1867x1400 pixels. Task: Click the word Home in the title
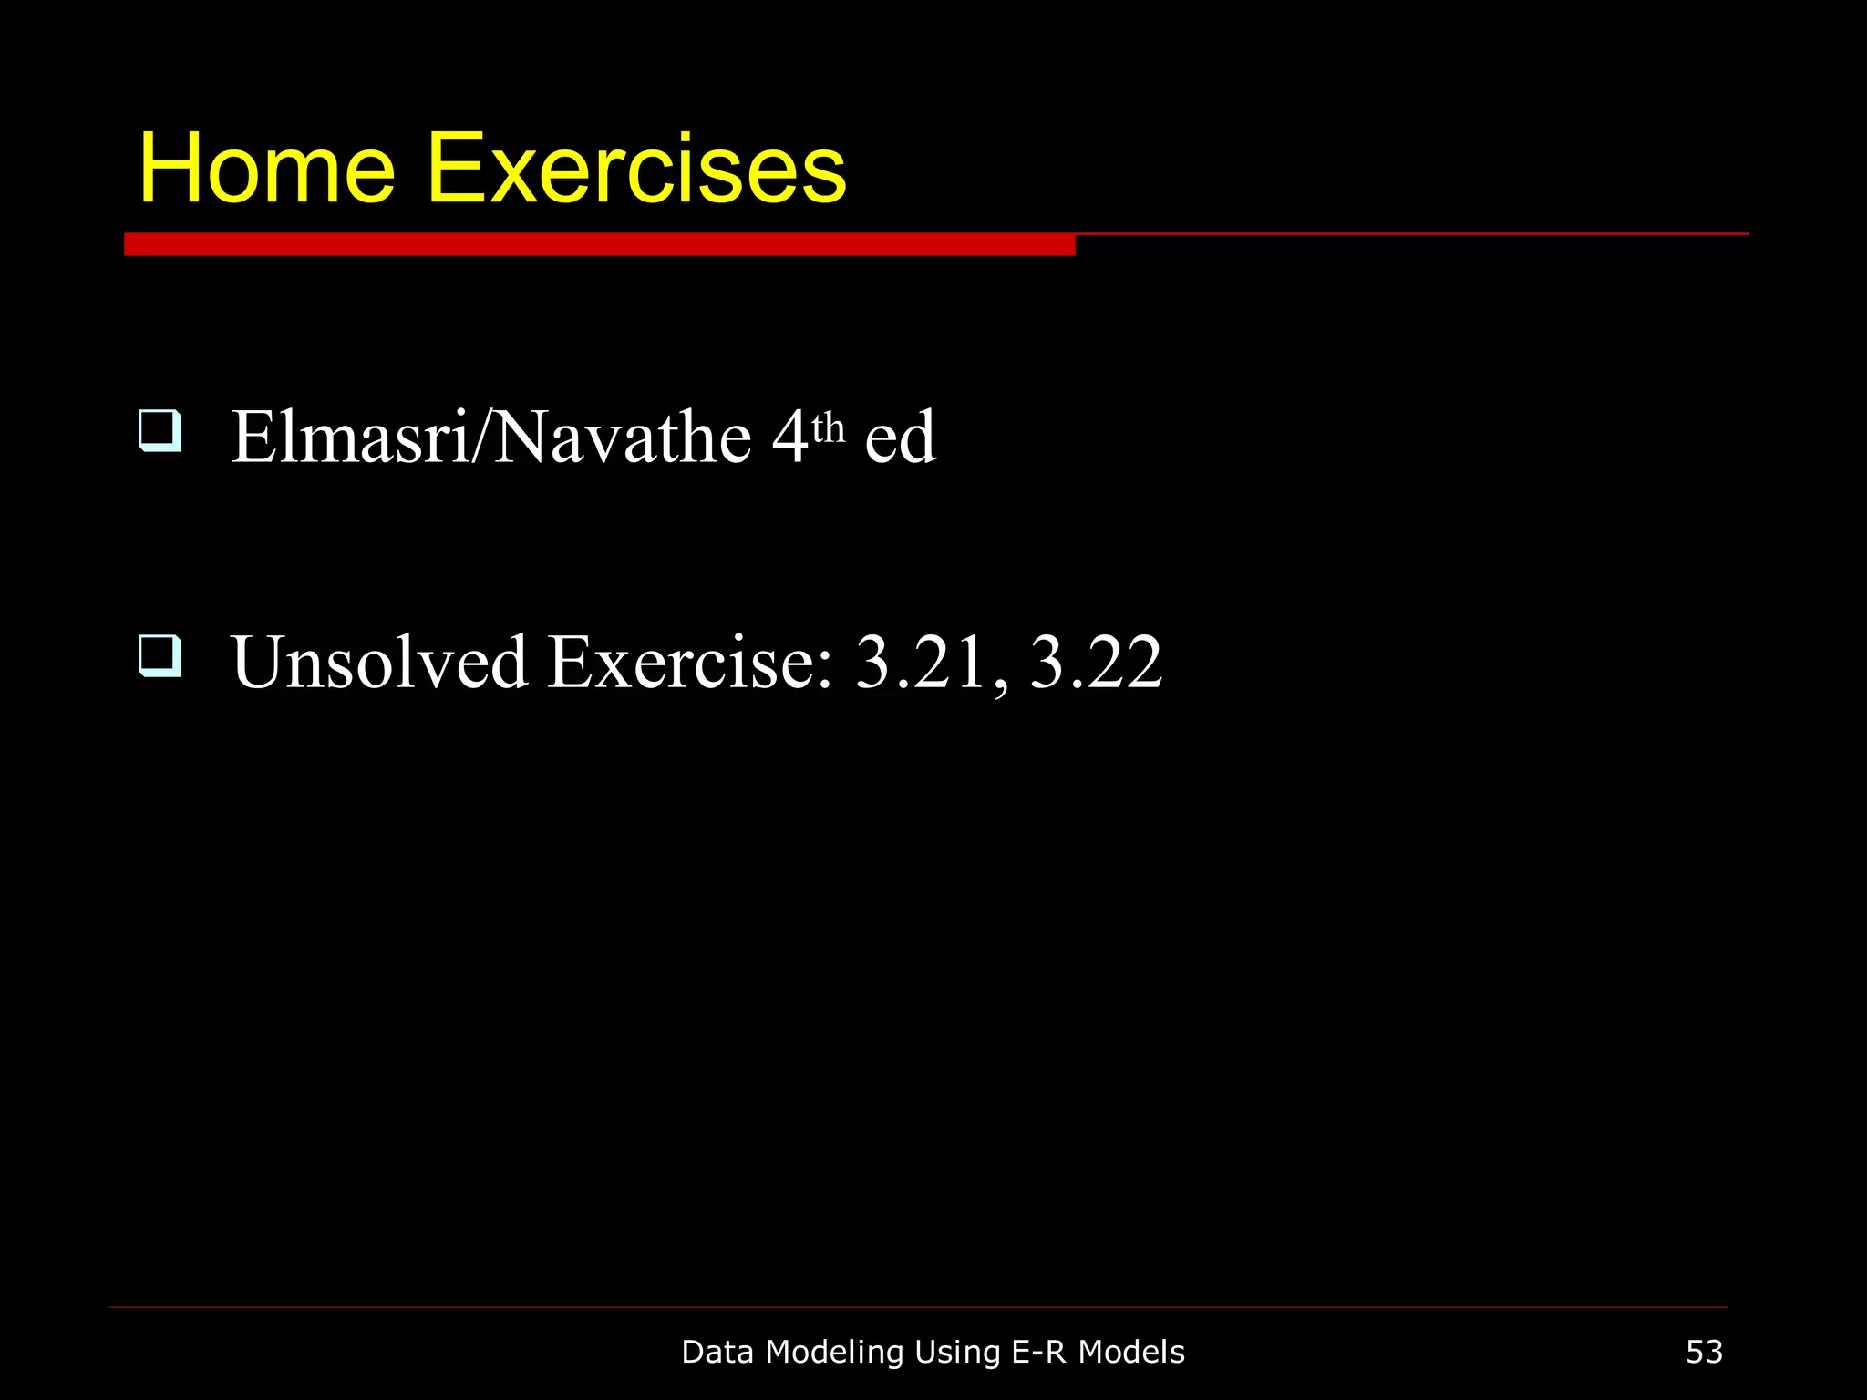point(266,170)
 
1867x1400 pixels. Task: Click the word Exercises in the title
point(636,170)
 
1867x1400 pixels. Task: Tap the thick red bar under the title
point(599,245)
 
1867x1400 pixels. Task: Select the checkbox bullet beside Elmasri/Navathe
point(160,430)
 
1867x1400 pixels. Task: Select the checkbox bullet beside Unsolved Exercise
point(160,656)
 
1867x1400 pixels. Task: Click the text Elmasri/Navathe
point(491,437)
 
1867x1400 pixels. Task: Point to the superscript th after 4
point(828,427)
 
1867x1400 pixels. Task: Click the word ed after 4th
point(900,437)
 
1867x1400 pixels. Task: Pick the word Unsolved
point(379,662)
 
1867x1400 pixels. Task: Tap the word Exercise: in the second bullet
point(690,662)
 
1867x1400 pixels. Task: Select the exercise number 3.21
point(920,662)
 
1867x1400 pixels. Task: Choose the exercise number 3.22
point(1096,662)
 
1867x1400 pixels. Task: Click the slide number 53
point(1704,1352)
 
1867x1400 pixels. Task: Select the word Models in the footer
point(1131,1352)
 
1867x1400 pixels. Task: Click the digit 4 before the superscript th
point(789,437)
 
